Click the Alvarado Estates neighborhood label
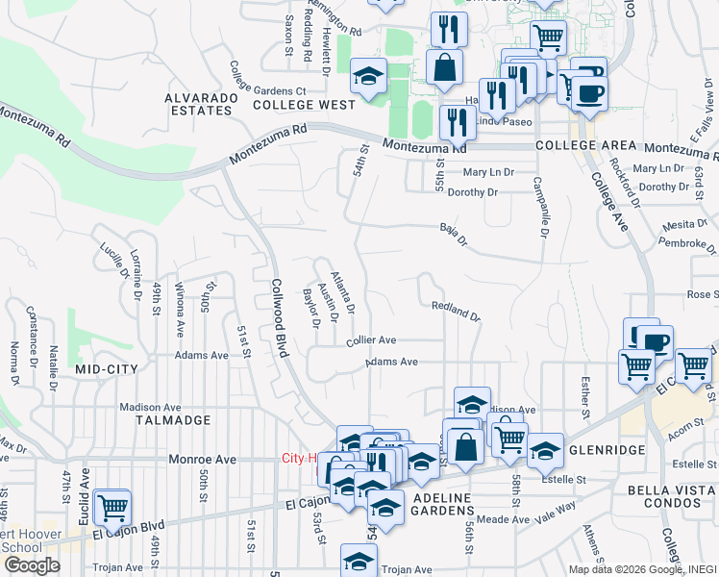[x=199, y=104]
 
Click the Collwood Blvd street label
[x=280, y=318]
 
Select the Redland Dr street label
[x=455, y=310]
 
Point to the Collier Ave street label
[x=372, y=340]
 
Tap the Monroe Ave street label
[x=202, y=460]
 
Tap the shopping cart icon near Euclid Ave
[x=113, y=505]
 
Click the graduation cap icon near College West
[x=367, y=76]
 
